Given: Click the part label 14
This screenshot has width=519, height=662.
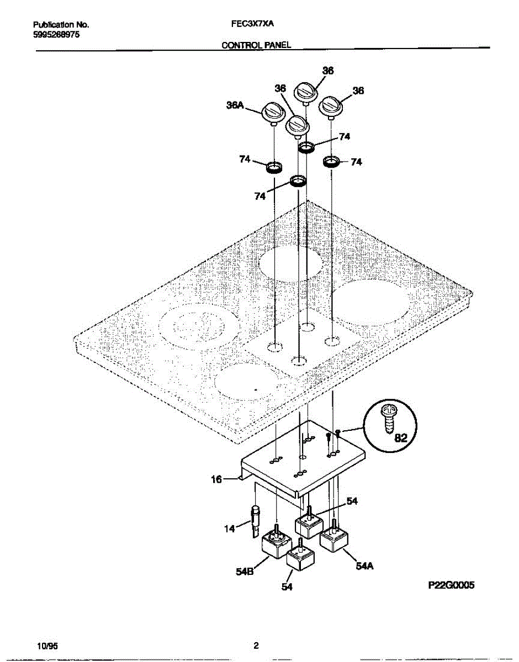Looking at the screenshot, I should coord(229,528).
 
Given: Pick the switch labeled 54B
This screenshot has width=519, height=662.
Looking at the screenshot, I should coord(274,547).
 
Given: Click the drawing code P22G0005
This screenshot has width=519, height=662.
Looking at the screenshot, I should coord(452,586).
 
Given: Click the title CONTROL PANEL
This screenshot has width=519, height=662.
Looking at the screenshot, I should coord(256,47).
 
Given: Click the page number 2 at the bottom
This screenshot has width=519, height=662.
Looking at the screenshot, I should coord(256,645).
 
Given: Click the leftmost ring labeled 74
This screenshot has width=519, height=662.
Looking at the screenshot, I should coord(274,167).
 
